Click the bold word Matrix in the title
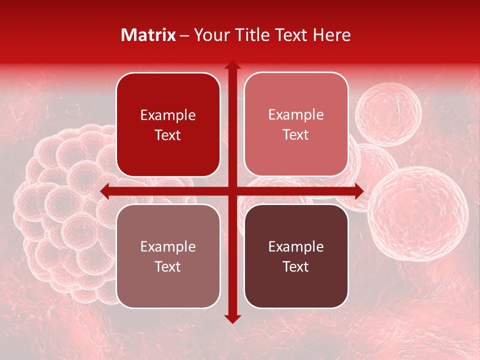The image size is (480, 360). coord(148,35)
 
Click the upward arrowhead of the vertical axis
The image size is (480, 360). coord(232,65)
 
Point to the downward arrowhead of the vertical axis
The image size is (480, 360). coord(232,318)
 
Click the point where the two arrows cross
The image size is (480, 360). coord(232,191)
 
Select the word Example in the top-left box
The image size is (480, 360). coord(168,115)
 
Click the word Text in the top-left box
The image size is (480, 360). coord(168,135)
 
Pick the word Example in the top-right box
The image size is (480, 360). coord(296,114)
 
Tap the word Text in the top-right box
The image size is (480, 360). coord(296,134)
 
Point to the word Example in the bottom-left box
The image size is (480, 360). coord(168,246)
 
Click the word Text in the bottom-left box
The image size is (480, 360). coord(168,266)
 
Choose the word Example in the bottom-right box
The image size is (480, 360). coord(296,246)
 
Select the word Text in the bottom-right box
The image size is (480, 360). coord(296,266)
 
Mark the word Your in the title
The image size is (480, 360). coord(208,35)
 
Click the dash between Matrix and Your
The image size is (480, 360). coord(184,35)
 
